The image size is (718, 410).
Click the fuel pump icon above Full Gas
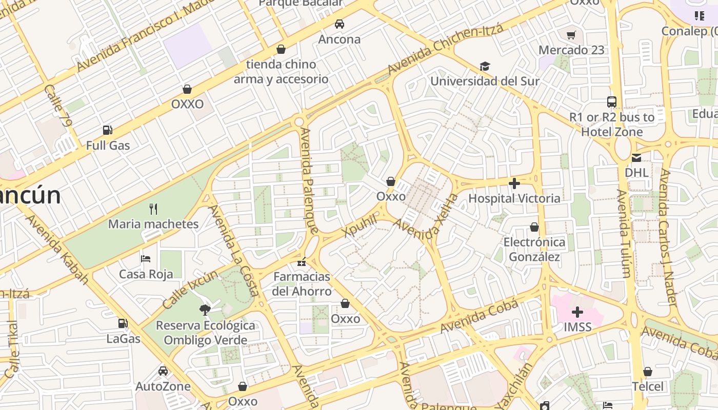click(107, 130)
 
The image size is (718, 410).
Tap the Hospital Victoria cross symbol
click(514, 183)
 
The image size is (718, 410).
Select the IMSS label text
click(577, 327)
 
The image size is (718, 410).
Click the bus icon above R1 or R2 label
click(611, 101)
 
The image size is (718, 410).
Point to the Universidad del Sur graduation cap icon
click(485, 66)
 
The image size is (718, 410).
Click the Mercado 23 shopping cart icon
click(571, 35)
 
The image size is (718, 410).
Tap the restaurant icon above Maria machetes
click(153, 209)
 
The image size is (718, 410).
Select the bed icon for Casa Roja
click(146, 259)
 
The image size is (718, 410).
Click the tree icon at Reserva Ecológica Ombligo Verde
click(205, 310)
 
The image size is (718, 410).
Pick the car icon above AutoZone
click(163, 371)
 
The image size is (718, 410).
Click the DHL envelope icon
click(636, 157)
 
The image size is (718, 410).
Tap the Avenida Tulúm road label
click(624, 233)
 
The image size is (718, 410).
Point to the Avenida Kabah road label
click(57, 250)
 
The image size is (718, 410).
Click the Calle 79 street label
click(57, 106)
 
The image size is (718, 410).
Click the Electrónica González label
click(534, 249)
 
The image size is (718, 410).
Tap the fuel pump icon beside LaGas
click(123, 323)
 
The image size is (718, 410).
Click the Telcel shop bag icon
click(648, 372)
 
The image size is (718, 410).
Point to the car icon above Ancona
click(339, 24)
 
